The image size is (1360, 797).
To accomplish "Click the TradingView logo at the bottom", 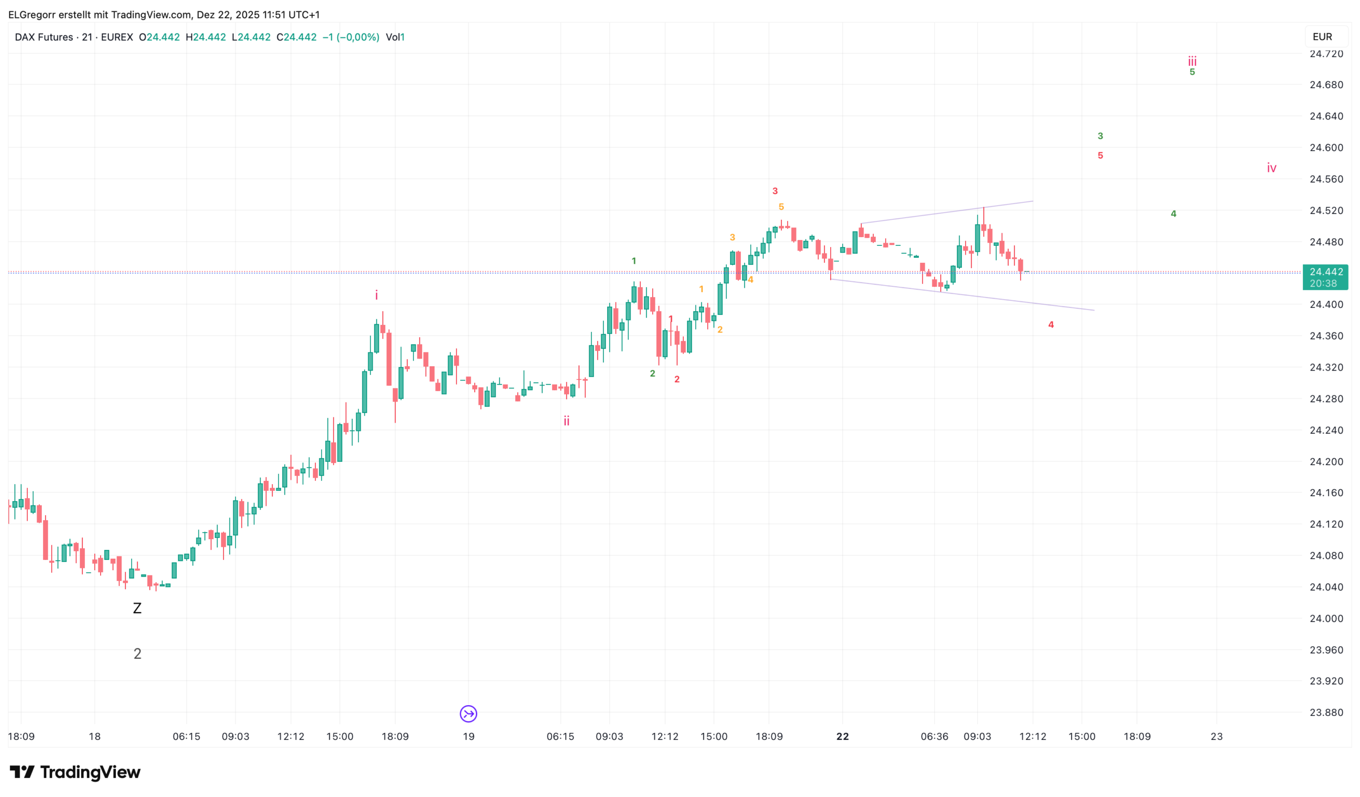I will click(x=75, y=772).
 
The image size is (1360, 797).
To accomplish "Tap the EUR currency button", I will click(x=1322, y=36).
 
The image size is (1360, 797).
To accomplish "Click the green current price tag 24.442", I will click(x=1325, y=277).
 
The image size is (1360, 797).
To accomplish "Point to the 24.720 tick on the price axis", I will click(x=1326, y=54).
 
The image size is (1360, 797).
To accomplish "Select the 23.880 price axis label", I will click(x=1326, y=712).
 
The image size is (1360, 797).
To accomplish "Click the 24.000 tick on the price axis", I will click(x=1326, y=618).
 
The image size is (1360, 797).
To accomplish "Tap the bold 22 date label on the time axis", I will click(x=842, y=736).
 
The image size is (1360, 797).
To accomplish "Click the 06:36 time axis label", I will click(x=934, y=736).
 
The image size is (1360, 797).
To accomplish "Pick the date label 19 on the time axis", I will click(x=468, y=736).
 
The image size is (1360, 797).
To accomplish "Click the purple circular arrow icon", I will click(x=468, y=713).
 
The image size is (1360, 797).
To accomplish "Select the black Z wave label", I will click(x=137, y=608).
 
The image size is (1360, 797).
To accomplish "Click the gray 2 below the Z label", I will click(x=138, y=653).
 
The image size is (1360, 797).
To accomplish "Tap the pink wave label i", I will click(x=376, y=295).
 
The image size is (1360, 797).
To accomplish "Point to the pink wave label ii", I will click(x=566, y=421).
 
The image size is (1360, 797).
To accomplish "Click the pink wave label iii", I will click(x=1192, y=61).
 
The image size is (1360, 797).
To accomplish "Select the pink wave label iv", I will click(x=1271, y=168).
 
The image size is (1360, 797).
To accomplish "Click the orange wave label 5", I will click(x=781, y=207).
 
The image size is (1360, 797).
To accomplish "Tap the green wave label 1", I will click(x=634, y=261).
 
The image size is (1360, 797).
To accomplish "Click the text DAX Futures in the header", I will click(x=44, y=37).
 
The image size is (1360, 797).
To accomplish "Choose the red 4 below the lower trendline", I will click(x=1051, y=325).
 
